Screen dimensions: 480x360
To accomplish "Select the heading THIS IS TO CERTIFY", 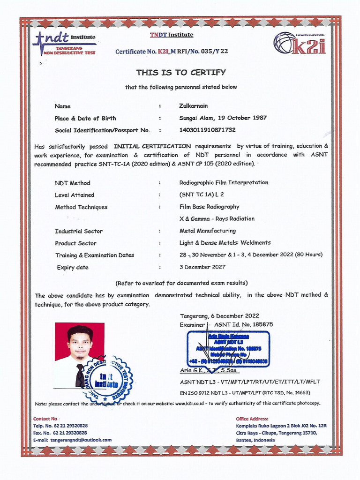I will [x=181, y=72].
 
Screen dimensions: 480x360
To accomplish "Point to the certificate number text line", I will [x=172, y=51].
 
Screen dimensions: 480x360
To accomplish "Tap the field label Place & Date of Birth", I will [x=85, y=118].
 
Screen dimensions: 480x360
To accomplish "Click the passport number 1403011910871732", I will [x=207, y=130].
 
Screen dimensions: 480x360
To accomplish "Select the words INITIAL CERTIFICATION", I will [x=152, y=146].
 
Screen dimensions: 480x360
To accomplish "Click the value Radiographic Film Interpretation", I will [x=224, y=182].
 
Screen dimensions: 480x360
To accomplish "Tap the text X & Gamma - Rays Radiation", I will [x=217, y=218].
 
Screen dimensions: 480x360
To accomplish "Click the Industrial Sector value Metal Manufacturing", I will [x=207, y=231].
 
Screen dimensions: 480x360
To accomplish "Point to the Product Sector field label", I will [x=75, y=243].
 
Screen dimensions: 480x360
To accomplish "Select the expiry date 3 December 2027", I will [x=202, y=267].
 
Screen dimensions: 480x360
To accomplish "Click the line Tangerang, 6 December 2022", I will [x=219, y=315].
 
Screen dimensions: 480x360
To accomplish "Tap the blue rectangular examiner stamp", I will [x=228, y=349].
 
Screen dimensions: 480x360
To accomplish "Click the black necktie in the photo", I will [x=80, y=375].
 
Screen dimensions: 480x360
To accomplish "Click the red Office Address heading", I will [x=252, y=419].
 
